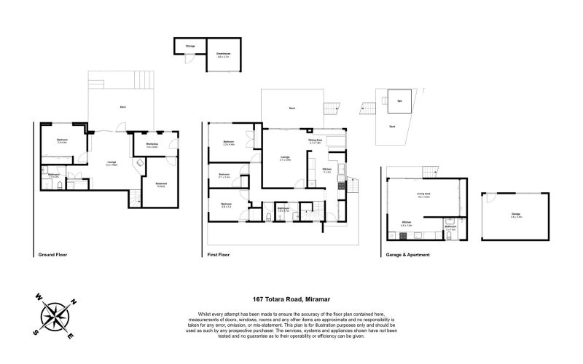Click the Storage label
tap(189, 47)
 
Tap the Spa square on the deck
tap(399, 102)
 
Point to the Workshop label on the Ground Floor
tap(152, 146)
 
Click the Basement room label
tap(160, 185)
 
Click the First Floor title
tap(218, 256)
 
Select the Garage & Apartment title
tap(405, 256)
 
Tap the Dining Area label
tap(316, 141)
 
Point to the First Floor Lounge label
tap(286, 158)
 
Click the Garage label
tap(516, 215)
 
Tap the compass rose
tap(55, 315)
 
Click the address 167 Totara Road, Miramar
tap(291, 298)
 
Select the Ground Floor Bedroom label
tap(62, 141)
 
